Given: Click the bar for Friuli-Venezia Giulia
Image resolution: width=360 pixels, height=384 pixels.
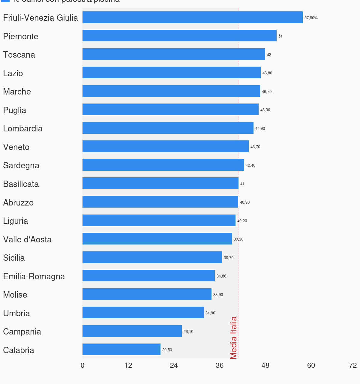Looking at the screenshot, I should pos(192,17).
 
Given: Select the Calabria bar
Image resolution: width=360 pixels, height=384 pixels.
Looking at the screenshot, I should pos(121,349).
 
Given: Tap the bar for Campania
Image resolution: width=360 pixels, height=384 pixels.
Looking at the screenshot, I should pos(132,331).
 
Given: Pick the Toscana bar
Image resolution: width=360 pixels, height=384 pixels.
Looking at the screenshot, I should pos(174,54).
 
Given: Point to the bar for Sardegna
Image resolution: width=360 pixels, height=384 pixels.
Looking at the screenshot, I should pos(163,165).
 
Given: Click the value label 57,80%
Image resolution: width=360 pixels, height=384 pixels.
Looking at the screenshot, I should pos(311,18).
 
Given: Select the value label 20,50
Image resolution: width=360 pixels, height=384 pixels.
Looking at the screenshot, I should pos(167,350).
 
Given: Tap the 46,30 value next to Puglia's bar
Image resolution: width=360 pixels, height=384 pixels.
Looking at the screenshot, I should pos(265,110).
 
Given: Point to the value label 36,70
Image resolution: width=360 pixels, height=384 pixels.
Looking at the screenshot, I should pos(229,258).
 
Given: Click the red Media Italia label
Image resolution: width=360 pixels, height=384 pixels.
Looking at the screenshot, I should pos(233,338).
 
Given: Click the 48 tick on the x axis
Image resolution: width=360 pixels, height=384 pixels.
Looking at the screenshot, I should pos(265,365).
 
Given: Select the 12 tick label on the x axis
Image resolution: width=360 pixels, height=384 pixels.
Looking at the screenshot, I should pos(128,365).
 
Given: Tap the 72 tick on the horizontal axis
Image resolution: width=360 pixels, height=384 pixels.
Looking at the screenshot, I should pos(353,365).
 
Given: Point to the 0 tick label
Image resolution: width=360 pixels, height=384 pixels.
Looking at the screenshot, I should pos(82,365).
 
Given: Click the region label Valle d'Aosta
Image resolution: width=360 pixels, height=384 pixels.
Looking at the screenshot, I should pos(27,239).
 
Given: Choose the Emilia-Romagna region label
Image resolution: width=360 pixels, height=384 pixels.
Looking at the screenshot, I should pos(34,276).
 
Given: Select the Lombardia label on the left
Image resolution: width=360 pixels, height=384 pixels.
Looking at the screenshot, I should pos(23,128).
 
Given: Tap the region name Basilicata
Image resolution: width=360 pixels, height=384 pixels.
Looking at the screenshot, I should pos(21,184).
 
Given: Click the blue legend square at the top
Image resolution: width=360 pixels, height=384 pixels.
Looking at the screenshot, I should pos(5,1).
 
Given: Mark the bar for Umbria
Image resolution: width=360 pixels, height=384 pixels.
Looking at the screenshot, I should pos(143,313).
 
